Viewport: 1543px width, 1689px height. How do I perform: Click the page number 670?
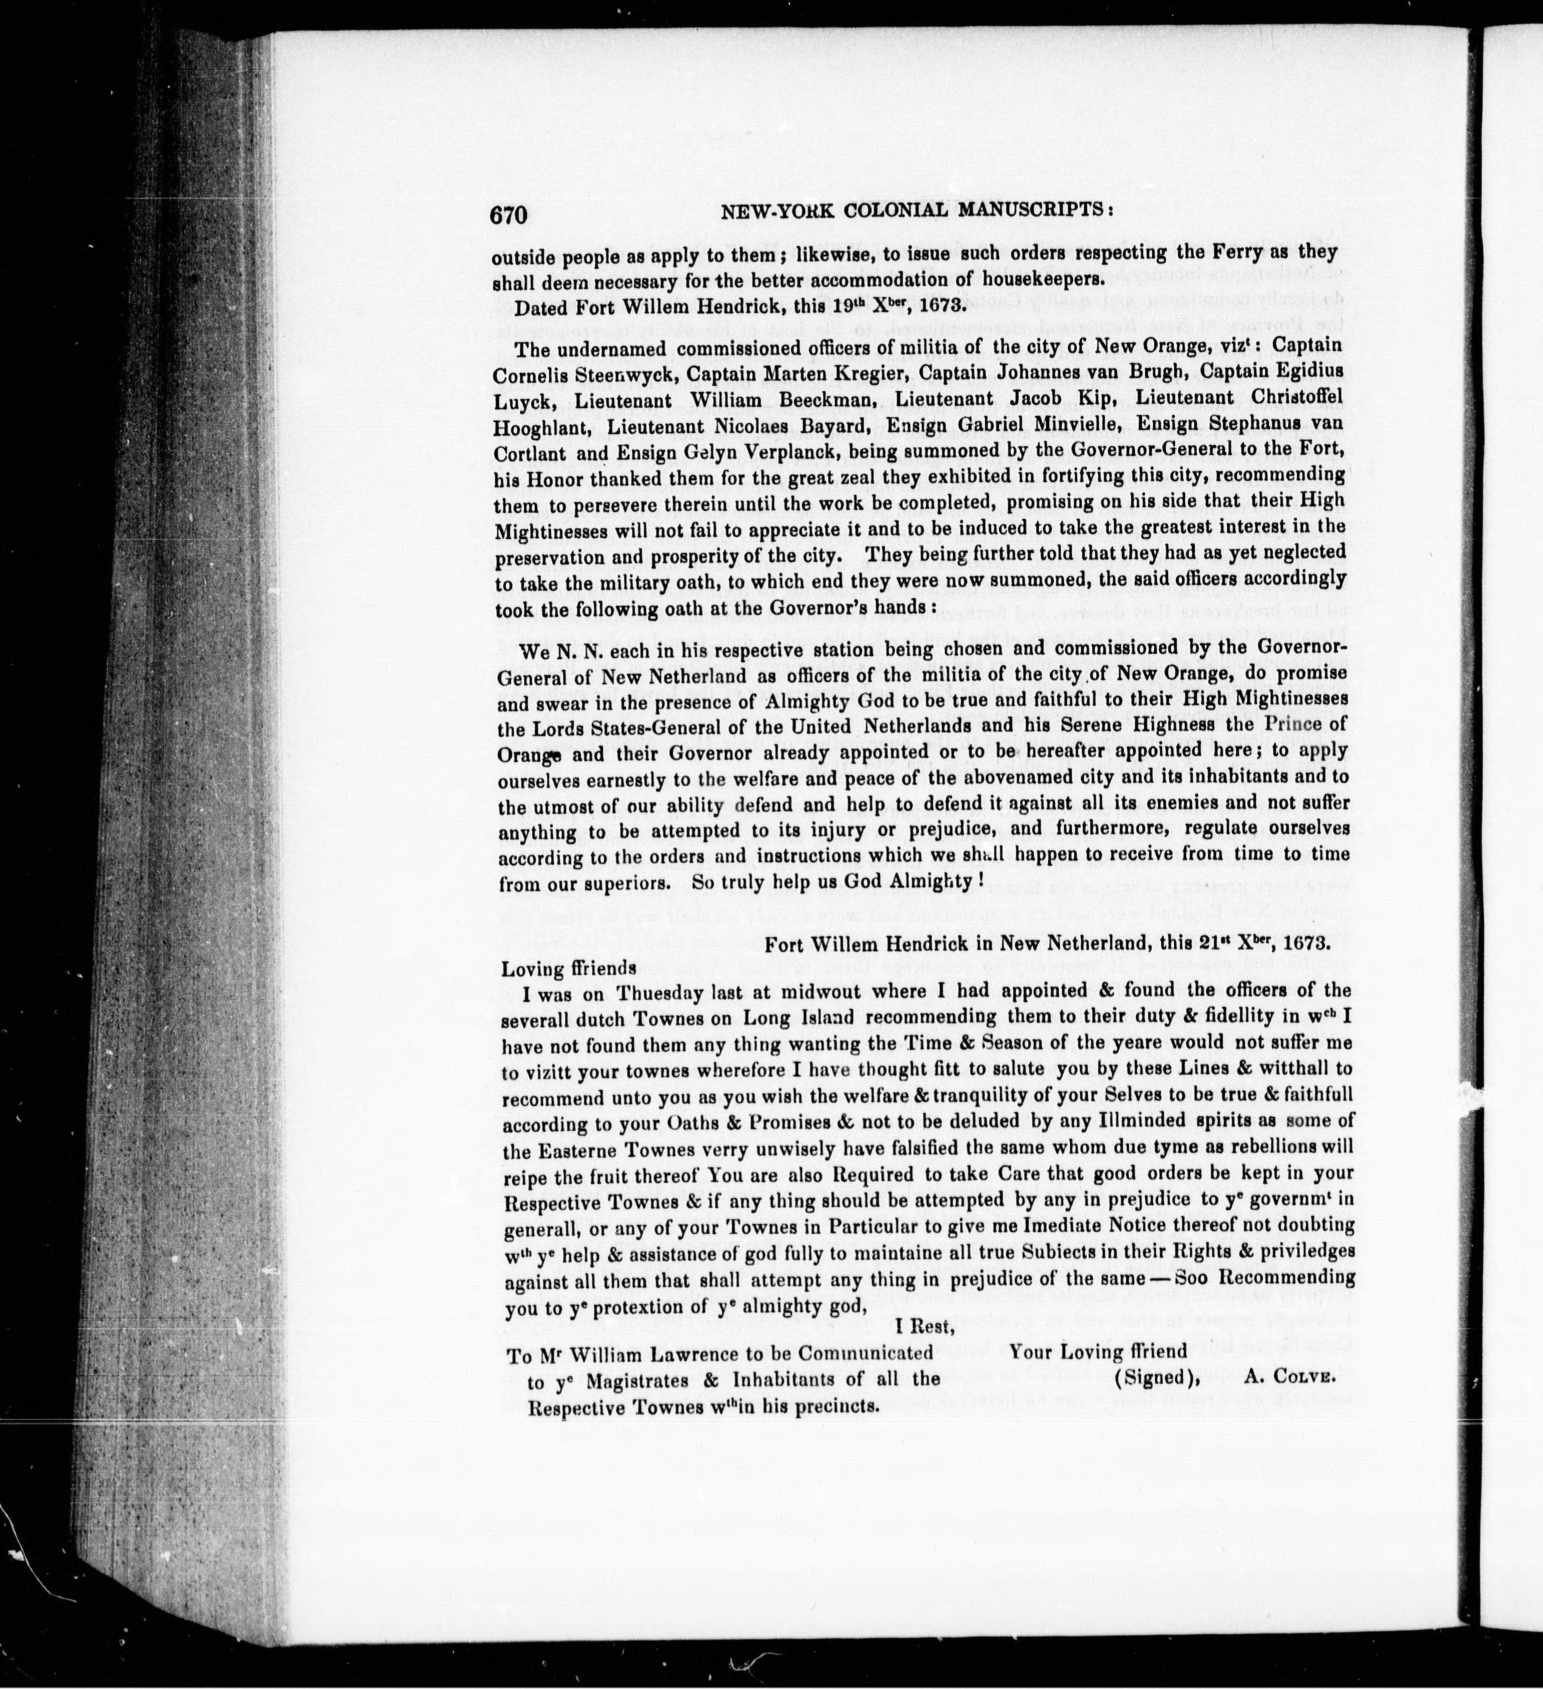(508, 216)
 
